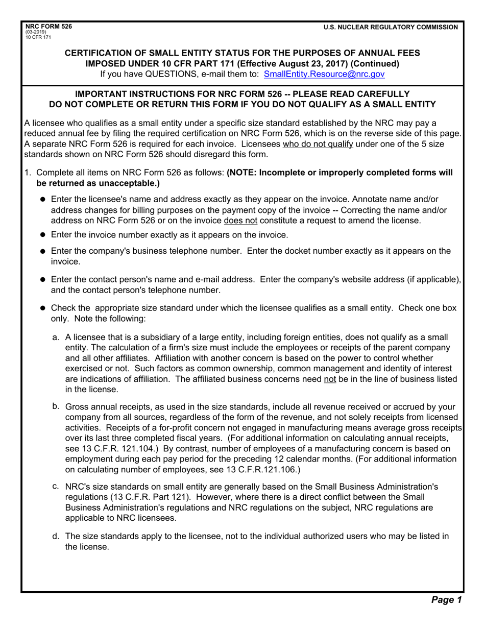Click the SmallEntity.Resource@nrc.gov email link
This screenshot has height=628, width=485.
tap(324, 75)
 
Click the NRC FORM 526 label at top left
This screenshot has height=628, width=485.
tap(46, 27)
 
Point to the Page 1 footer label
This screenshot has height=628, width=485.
tap(446, 600)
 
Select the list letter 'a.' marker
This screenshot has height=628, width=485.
tap(56, 337)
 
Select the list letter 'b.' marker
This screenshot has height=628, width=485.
tap(56, 406)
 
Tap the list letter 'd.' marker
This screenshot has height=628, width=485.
tap(56, 536)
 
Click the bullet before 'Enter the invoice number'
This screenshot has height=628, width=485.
tap(43, 235)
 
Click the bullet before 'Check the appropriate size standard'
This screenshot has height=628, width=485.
tap(43, 308)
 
